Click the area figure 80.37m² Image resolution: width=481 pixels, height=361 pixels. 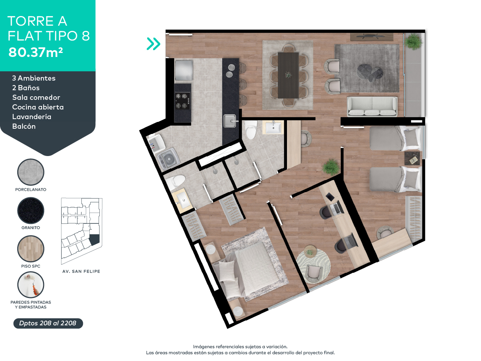pos(35,53)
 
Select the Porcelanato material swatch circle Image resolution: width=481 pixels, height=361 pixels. pos(31,172)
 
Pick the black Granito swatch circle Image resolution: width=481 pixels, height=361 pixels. pos(31,211)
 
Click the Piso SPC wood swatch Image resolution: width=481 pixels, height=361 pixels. pos(31,249)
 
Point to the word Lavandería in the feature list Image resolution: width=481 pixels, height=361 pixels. pos(32,117)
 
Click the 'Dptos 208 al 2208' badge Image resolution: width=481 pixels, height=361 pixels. pos(48,323)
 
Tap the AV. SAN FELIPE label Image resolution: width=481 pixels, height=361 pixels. pos(81,272)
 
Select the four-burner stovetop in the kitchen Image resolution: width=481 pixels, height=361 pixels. pos(182,101)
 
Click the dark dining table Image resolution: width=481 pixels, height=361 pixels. pos(288,75)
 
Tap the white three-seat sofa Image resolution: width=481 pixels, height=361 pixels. pos(372,106)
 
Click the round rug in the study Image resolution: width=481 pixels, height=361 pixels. pos(314,263)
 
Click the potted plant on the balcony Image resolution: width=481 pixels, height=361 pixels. pos(413,41)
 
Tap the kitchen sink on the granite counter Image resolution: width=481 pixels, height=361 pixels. pos(229,120)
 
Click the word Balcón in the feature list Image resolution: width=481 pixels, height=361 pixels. pos(24,126)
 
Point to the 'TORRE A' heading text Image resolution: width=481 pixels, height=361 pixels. pos(37,21)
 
